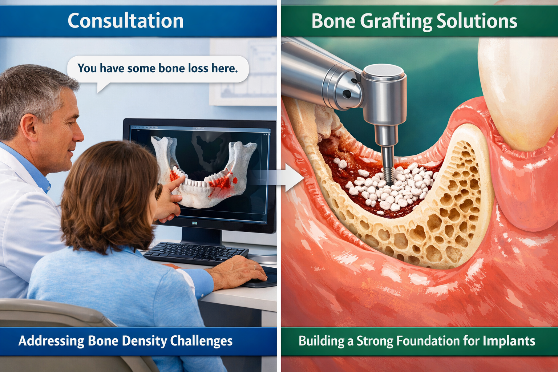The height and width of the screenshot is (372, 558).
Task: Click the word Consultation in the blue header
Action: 125,21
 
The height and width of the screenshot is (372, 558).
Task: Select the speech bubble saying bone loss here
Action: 158,68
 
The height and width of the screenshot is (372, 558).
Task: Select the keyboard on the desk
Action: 196,252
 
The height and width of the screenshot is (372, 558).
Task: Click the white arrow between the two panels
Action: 294,177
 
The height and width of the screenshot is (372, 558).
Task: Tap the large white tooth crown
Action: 519,91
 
